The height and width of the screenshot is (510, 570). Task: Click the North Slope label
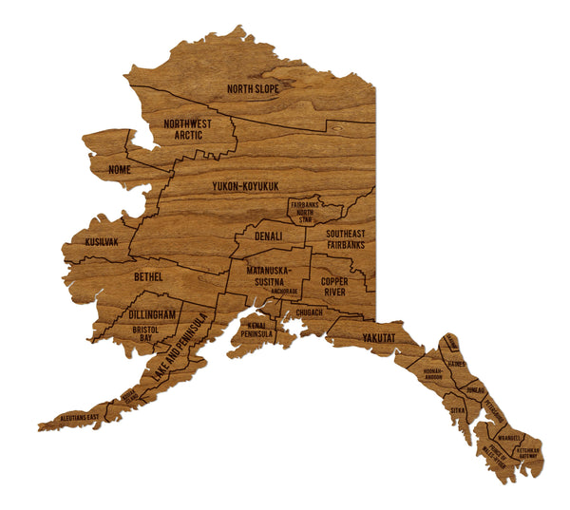point(252,90)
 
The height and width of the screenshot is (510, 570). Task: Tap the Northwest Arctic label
point(187,130)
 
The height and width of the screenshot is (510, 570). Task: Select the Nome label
point(121,170)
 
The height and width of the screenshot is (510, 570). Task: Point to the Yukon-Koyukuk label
point(244,187)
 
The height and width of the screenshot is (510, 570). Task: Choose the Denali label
point(269,236)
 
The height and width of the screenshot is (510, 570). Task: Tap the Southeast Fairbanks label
point(345,239)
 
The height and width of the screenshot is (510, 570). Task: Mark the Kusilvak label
point(102,242)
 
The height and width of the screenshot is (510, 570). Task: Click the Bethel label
point(148,276)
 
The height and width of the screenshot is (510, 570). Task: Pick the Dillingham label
point(152,314)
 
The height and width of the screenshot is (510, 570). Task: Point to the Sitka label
point(458,409)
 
